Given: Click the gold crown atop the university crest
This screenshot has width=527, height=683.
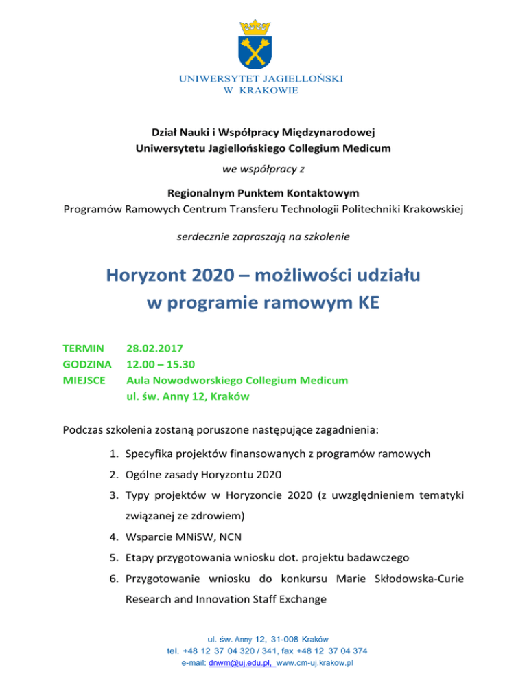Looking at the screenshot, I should pos(255,28).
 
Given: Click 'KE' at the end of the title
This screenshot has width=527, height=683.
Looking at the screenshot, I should pos(367,303).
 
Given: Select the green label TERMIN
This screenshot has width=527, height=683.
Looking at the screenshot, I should pos(83,349).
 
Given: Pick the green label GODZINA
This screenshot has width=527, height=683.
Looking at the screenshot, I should pos(87,364).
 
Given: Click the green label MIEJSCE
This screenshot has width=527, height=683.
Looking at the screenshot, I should pos(84,380).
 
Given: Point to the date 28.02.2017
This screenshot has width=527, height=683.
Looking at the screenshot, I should pos(154,349).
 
